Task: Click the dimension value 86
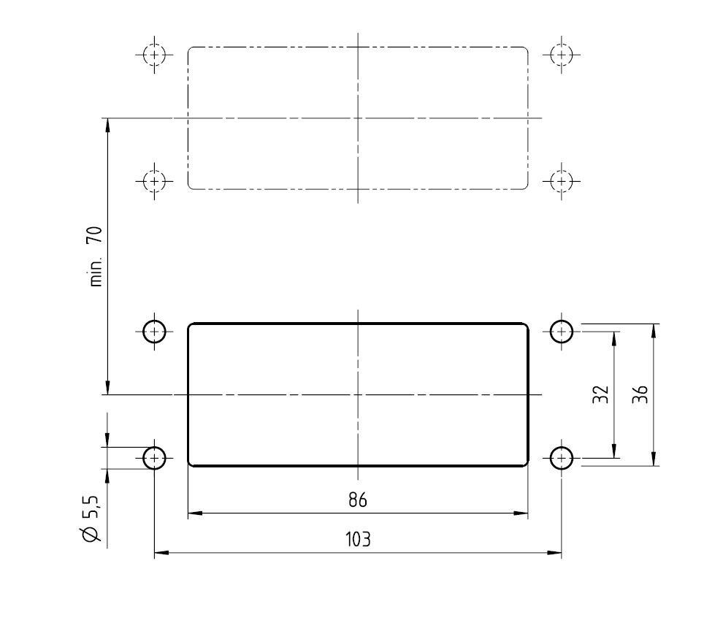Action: click(x=358, y=500)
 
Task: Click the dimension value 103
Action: click(x=358, y=539)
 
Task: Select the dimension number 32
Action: click(x=601, y=394)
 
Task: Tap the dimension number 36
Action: click(x=640, y=394)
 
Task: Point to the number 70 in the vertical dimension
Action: click(x=96, y=235)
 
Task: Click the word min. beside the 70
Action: click(x=96, y=272)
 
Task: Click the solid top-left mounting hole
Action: click(x=155, y=331)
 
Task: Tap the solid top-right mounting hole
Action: click(x=562, y=331)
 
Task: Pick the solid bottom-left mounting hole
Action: click(x=155, y=458)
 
